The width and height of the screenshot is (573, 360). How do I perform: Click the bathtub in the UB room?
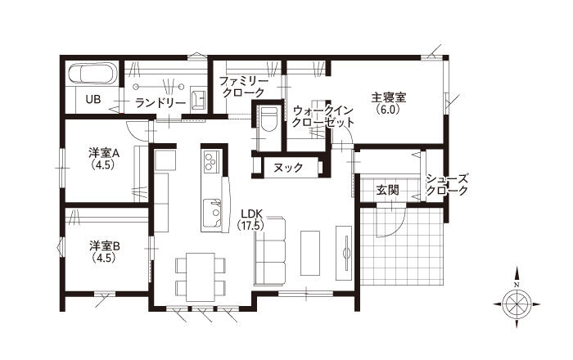pyautogui.click(x=92, y=74)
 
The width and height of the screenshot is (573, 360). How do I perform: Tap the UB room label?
pyautogui.click(x=93, y=99)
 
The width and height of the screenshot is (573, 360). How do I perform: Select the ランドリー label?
pyautogui.click(x=160, y=103)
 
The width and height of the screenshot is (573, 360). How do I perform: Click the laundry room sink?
pyautogui.click(x=198, y=98)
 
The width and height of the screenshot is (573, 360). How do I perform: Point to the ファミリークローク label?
pyautogui.click(x=243, y=87)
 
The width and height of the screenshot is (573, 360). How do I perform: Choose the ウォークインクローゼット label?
pyautogui.click(x=323, y=116)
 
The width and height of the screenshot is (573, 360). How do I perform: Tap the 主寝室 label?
pyautogui.click(x=389, y=97)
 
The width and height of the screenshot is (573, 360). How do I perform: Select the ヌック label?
pyautogui.click(x=288, y=168)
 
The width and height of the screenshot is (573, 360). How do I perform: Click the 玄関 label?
pyautogui.click(x=388, y=190)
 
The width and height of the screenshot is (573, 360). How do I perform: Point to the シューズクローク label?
pyautogui.click(x=447, y=185)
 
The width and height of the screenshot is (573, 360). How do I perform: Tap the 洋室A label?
pyautogui.click(x=104, y=153)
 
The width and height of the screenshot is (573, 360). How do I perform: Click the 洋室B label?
pyautogui.click(x=104, y=246)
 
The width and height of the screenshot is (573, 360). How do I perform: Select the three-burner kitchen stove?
pyautogui.click(x=211, y=161)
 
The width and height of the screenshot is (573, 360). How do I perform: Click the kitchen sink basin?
pyautogui.click(x=212, y=213)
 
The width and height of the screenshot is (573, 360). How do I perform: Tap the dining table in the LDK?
pyautogui.click(x=200, y=277)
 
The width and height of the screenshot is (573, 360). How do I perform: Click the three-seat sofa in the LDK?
pyautogui.click(x=270, y=250)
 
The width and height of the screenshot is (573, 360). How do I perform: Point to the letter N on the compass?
pyautogui.click(x=517, y=285)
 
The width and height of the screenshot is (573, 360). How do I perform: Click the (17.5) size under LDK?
pyautogui.click(x=250, y=226)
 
